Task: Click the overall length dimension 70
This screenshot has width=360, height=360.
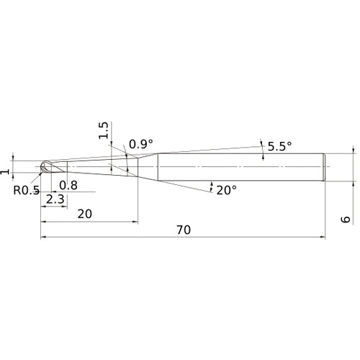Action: [184, 230]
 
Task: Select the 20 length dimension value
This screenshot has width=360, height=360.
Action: [85, 214]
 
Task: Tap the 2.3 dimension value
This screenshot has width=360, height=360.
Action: [55, 199]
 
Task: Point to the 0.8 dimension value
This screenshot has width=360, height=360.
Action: [68, 185]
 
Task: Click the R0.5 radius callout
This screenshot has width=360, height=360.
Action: [27, 190]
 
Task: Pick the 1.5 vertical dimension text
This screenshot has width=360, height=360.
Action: [104, 130]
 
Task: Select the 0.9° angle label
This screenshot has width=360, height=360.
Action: [141, 144]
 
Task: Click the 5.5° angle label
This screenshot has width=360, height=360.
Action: [280, 146]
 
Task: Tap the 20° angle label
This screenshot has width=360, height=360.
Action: [226, 190]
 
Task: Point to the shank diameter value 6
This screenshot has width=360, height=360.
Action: [346, 220]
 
